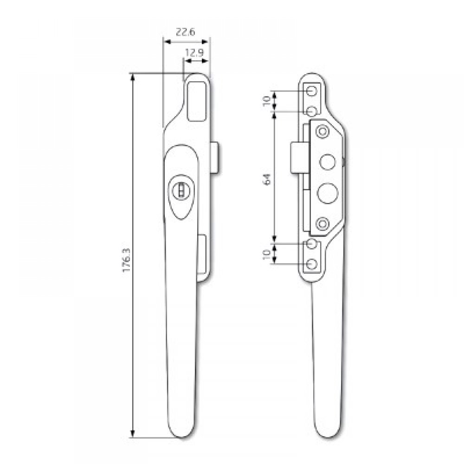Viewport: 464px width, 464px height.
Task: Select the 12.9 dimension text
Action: pos(195,53)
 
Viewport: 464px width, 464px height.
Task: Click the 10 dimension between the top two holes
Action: pos(267,101)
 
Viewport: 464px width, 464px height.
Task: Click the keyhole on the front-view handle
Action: pos(180,190)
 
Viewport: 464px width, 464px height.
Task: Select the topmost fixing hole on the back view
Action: pos(312,91)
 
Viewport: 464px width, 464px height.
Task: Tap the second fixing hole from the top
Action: pos(312,111)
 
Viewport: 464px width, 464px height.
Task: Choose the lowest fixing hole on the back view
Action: pos(312,264)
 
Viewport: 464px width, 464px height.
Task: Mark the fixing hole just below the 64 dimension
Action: pos(312,244)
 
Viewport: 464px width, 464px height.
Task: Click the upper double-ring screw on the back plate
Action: pos(321,132)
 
